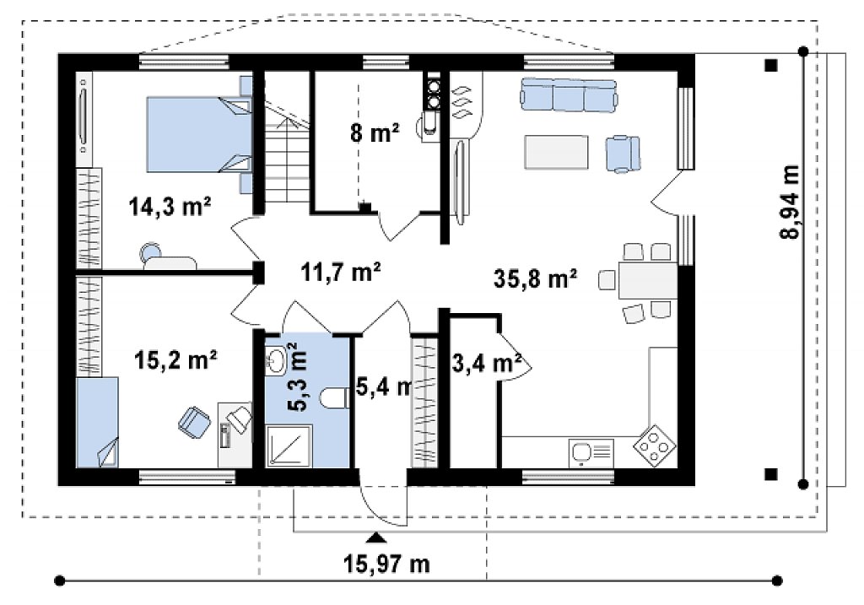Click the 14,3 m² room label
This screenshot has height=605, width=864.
coord(170,207)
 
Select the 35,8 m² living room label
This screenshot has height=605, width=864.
coord(535,278)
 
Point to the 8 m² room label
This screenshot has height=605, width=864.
coord(375,132)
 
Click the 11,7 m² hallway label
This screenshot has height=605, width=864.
coord(341,272)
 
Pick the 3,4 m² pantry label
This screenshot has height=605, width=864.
coord(487,363)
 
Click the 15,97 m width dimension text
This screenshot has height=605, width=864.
coord(386,564)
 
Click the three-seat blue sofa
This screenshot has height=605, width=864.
coord(569,95)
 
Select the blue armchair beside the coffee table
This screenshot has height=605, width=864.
coord(624,154)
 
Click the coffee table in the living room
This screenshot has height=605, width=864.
coord(557,152)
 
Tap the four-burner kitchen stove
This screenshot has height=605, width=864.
coord(655,446)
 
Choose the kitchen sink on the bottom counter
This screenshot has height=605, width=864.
coord(591,453)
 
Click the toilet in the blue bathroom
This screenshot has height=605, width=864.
coord(334,398)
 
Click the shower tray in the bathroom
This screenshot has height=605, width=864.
coord(289,446)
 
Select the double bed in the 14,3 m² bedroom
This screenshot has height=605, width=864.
coord(199,134)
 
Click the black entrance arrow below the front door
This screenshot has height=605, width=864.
coord(376,537)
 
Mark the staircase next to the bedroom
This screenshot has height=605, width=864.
coord(287,152)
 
